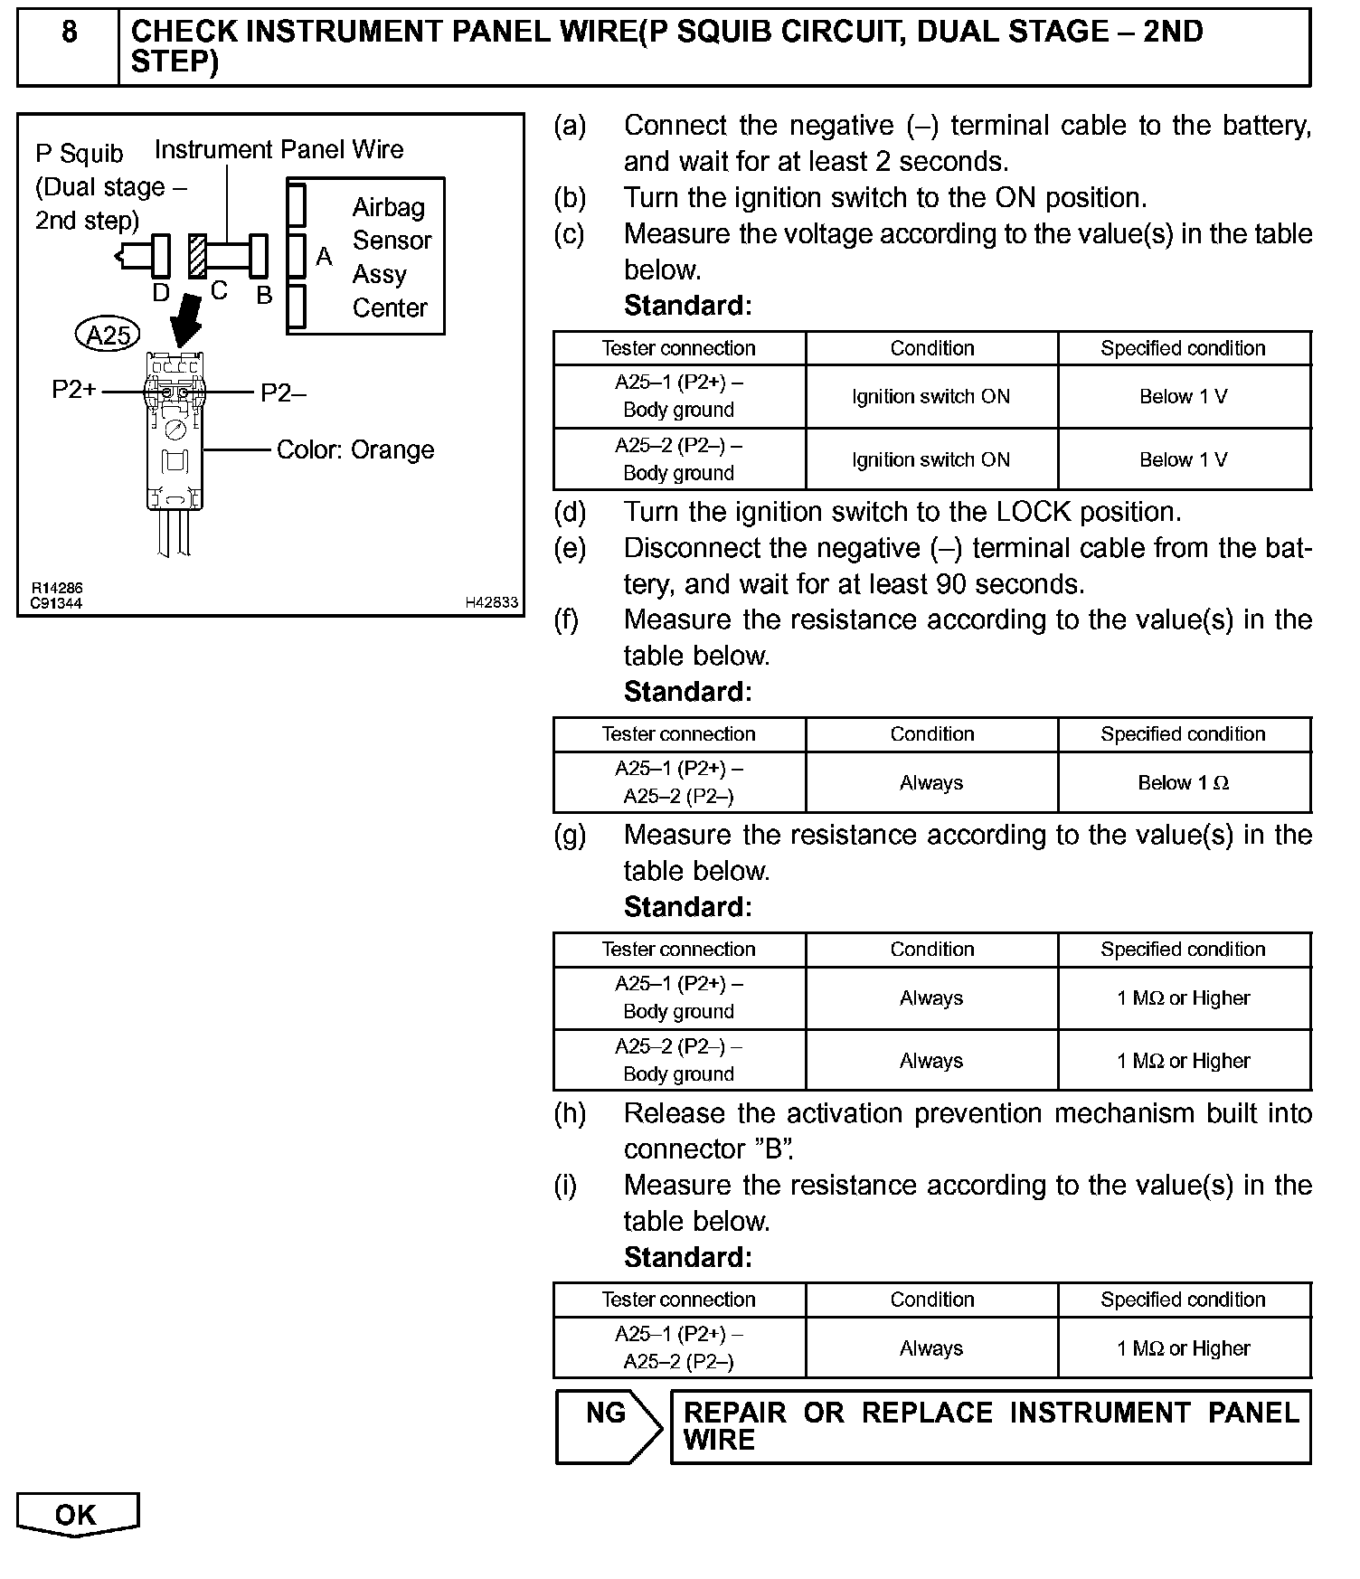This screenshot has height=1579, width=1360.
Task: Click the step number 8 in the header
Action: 69,33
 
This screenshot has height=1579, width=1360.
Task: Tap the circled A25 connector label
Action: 109,336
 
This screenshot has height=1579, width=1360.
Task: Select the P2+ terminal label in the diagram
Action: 74,390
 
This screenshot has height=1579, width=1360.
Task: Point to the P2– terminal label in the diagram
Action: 283,392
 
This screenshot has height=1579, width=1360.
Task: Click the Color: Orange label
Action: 354,450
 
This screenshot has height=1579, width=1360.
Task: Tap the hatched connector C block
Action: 197,256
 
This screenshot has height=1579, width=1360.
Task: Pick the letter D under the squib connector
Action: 161,293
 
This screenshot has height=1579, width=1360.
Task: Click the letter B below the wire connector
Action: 264,296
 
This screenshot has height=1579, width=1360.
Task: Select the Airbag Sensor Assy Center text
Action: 391,258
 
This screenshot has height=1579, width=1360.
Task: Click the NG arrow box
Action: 608,1426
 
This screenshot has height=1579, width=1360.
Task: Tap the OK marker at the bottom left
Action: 77,1515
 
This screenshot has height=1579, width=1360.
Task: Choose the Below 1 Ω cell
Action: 1183,783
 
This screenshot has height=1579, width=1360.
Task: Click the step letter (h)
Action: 570,1113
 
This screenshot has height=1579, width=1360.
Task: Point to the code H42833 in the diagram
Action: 492,602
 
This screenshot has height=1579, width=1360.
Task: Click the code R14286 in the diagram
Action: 57,589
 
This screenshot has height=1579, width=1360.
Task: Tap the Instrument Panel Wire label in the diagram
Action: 279,150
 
